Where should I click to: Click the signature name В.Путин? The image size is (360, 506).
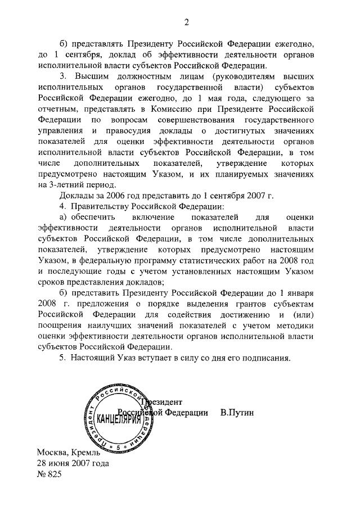(237, 412)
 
